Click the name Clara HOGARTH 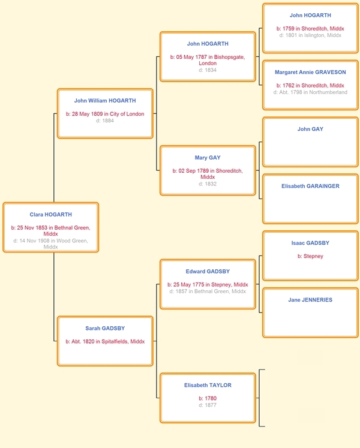(50, 215)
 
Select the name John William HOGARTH (105, 101)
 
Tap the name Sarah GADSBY (105, 328)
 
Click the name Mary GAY (208, 158)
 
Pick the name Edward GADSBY (208, 272)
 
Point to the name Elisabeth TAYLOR (208, 385)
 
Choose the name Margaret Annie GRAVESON (310, 73)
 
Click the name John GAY (310, 129)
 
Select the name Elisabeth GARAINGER (310, 186)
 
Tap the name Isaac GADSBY (310, 243)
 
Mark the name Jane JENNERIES (310, 300)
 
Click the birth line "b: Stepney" (310, 256)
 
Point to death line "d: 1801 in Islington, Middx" (310, 35)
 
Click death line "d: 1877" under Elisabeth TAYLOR (208, 405)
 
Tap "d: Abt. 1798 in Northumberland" (310, 92)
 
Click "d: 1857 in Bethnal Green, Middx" (208, 291)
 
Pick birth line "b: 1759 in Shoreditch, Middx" (310, 29)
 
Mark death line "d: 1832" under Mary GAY (208, 184)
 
